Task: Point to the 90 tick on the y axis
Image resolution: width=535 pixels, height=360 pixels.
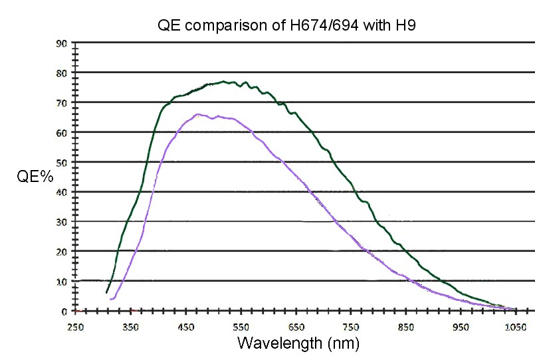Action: pos(61,43)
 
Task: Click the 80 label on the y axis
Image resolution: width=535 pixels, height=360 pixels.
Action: pos(61,72)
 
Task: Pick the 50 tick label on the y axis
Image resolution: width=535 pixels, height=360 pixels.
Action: pos(61,162)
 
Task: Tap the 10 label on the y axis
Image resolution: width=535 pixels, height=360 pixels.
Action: pos(61,282)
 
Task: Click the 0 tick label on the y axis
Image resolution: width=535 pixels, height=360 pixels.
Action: pos(64,312)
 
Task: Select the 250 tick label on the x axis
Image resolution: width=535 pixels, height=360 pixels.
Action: pos(75,327)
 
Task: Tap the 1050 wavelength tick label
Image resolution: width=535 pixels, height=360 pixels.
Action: pos(516,327)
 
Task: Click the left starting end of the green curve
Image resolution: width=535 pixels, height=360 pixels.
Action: pos(106,292)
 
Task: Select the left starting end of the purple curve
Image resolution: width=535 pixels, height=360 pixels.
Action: pos(111,300)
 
